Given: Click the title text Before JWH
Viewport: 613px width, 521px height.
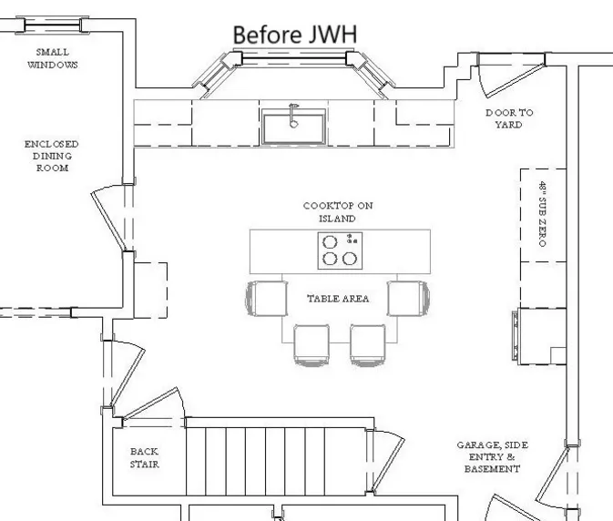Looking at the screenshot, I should [x=293, y=34].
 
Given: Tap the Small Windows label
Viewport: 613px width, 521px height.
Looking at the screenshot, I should [x=52, y=59].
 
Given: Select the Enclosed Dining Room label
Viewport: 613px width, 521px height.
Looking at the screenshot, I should [x=52, y=156].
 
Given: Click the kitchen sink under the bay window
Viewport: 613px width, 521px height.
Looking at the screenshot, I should [x=292, y=127].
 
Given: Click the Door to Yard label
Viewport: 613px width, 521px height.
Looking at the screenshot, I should [x=509, y=118].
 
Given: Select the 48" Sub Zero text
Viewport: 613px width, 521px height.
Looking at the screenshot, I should [x=542, y=214].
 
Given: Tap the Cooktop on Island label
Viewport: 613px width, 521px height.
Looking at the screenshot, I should [x=338, y=212].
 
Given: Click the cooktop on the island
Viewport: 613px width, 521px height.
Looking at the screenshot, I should [x=339, y=250].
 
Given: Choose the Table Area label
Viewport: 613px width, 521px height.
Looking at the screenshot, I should [x=338, y=298].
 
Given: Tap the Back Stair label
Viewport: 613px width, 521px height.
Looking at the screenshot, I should [x=144, y=457].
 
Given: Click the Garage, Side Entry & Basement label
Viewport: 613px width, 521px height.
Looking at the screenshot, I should [x=492, y=457].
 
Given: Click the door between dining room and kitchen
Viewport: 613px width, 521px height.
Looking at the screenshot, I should [x=111, y=216].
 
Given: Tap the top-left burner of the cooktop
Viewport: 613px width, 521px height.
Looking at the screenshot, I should [x=330, y=241].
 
